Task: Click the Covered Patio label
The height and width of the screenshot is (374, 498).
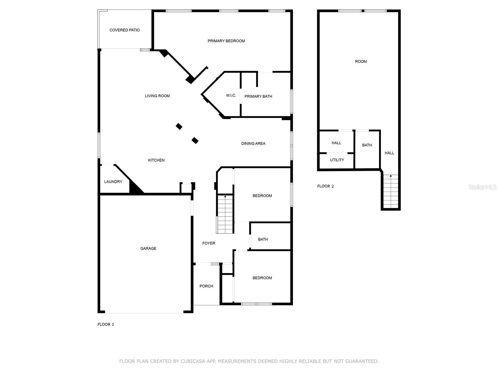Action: (x=125, y=30)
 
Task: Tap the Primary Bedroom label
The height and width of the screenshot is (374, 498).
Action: (x=226, y=41)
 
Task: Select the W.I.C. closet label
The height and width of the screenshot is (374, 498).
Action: (x=231, y=95)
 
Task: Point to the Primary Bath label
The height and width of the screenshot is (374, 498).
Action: (x=258, y=96)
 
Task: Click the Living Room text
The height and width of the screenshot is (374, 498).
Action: (x=157, y=96)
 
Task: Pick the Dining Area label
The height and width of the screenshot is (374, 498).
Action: (x=253, y=144)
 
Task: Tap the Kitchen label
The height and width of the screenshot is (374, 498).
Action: (x=156, y=160)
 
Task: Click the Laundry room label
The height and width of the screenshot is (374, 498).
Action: (x=113, y=182)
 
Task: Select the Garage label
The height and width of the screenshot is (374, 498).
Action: (x=148, y=248)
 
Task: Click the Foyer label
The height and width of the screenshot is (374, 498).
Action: (x=209, y=243)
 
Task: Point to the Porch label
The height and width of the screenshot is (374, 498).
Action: (x=206, y=286)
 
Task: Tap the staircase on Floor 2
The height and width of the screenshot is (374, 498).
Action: (x=391, y=191)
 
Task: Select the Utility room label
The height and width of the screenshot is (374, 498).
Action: (x=337, y=160)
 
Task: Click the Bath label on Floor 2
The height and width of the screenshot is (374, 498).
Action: (x=367, y=145)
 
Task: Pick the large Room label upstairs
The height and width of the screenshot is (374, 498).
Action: (x=361, y=61)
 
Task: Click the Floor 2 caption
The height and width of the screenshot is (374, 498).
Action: (x=326, y=186)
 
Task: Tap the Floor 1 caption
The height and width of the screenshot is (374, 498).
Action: (x=106, y=324)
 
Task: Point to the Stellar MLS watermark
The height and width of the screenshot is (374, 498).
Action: (x=482, y=187)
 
